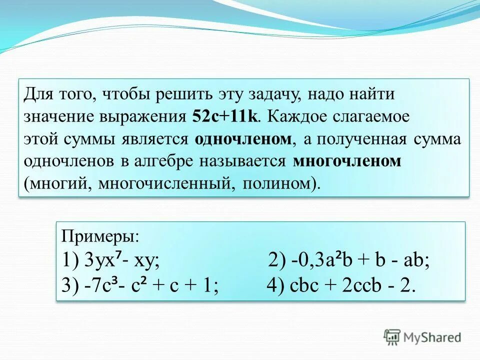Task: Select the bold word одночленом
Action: [x=243, y=139]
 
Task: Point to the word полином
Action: [x=278, y=183]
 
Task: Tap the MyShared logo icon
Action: [x=392, y=337]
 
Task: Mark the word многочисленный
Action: [x=165, y=183]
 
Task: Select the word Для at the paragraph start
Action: [x=35, y=94]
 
